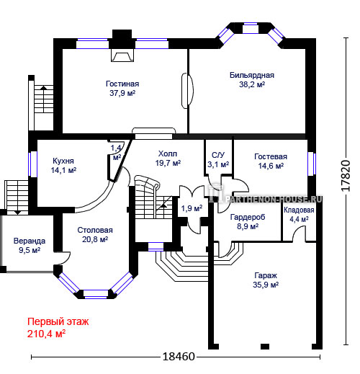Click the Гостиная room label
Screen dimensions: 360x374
(122, 84)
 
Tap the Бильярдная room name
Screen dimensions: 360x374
(252, 75)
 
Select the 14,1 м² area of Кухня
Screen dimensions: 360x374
(63, 170)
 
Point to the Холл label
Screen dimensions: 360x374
(168, 153)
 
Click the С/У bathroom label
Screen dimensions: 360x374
(218, 155)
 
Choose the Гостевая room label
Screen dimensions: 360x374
(271, 156)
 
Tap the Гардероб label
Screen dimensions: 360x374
(248, 217)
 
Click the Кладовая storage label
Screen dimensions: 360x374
(299, 210)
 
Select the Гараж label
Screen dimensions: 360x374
(266, 275)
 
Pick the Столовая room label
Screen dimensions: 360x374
(95, 230)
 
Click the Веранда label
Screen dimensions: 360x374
(30, 241)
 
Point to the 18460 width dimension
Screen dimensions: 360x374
(179, 357)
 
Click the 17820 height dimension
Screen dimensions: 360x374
(346, 176)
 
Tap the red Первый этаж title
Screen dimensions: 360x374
(58, 321)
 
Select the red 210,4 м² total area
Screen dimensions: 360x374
(46, 334)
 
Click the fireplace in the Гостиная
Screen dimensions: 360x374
(122, 55)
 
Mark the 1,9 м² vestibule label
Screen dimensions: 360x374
(192, 208)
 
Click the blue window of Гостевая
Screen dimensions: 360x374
(312, 164)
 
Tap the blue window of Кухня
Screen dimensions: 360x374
(32, 164)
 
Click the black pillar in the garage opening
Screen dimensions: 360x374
(265, 347)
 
